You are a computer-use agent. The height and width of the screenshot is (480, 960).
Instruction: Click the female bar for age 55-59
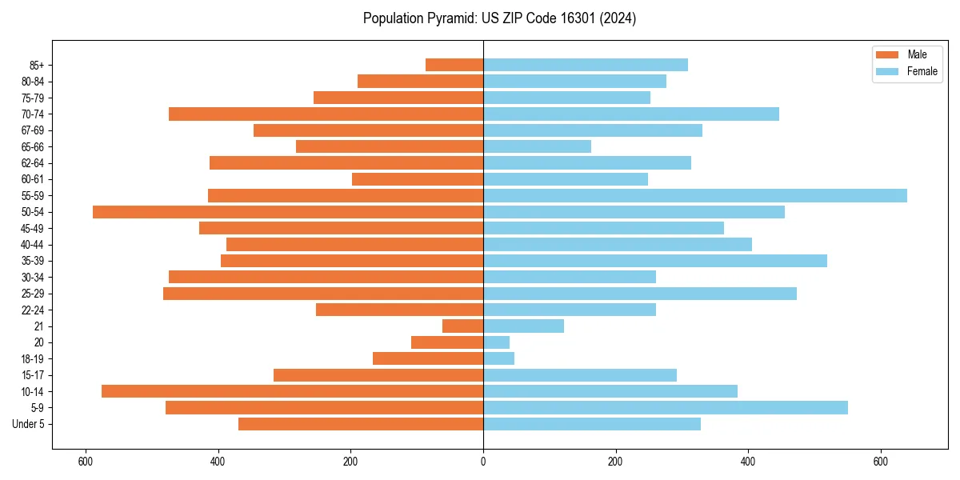pos(694,195)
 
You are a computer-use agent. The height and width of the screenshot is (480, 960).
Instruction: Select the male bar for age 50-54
pos(288,212)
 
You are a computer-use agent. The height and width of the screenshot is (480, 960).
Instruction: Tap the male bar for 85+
pos(454,65)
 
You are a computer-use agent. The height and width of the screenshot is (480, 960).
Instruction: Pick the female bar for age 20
pos(496,342)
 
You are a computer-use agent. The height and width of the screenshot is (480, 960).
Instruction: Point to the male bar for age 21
pos(463,326)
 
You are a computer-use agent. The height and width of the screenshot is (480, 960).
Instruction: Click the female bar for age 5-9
pos(665,408)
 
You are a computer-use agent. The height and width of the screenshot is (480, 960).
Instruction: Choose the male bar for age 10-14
pos(292,391)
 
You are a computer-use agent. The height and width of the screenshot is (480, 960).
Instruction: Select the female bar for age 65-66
pos(537,146)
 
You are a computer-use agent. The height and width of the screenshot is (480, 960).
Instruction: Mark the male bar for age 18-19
pos(428,358)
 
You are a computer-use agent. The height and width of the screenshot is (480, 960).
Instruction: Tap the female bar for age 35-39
pos(654,261)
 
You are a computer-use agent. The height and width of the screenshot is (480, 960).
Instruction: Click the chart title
pos(499,18)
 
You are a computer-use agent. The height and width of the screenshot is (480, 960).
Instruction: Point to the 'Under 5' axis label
pos(29,424)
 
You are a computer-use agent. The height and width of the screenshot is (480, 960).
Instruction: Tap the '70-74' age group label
pos(33,114)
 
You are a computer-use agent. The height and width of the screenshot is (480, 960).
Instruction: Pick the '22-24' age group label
pos(33,310)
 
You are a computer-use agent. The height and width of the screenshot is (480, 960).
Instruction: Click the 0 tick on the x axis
pos(483,462)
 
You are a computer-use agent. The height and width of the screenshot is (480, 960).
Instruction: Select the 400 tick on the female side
pos(748,462)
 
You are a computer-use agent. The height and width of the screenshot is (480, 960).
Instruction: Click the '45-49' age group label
pos(33,228)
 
